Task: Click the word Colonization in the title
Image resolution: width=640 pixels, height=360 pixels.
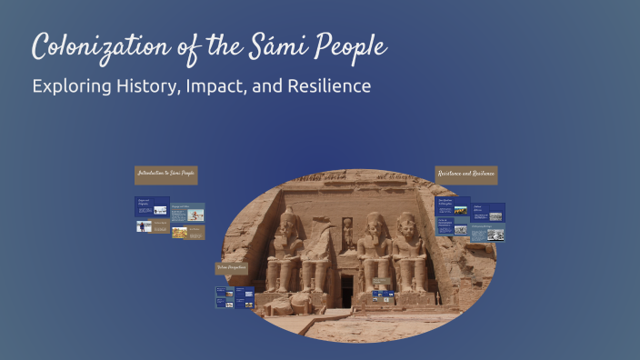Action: pyautogui.click(x=96, y=46)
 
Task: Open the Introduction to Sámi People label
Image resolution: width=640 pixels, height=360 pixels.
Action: pyautogui.click(x=165, y=174)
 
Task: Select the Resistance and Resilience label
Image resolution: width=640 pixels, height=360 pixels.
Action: pyautogui.click(x=466, y=174)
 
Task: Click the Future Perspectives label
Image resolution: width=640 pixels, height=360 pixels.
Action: pyautogui.click(x=231, y=268)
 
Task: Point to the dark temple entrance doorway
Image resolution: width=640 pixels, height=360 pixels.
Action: pyautogui.click(x=346, y=289)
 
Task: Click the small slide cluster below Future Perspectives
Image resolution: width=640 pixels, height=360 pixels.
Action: pyautogui.click(x=235, y=296)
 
